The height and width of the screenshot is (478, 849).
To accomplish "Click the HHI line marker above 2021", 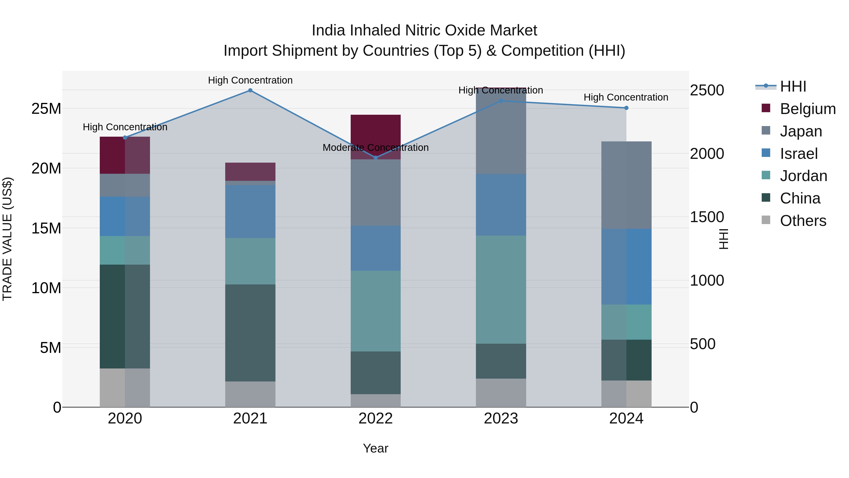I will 250,90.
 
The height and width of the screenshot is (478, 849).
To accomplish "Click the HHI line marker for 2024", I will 626,108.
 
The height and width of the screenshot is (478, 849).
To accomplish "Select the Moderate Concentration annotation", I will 375,148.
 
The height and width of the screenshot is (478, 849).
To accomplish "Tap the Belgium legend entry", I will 807,109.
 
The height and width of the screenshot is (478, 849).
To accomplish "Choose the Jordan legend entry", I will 803,176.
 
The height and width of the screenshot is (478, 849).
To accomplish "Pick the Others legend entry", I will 803,221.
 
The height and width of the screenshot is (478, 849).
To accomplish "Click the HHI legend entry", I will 793,86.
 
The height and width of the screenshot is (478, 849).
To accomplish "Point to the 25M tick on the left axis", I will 46,109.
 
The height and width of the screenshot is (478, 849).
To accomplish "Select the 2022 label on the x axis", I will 375,419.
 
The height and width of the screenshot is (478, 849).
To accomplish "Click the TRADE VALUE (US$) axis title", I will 7,239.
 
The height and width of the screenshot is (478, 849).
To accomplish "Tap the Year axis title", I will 375,448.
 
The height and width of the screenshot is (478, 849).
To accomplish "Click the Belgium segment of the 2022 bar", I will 375,132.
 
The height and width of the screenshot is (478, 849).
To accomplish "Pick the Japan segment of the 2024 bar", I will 626,185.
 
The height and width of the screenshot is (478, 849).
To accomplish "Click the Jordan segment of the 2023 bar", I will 501,289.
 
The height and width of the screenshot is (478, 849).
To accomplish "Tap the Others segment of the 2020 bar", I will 125,388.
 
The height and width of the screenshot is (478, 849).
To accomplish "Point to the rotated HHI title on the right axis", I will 724,239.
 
